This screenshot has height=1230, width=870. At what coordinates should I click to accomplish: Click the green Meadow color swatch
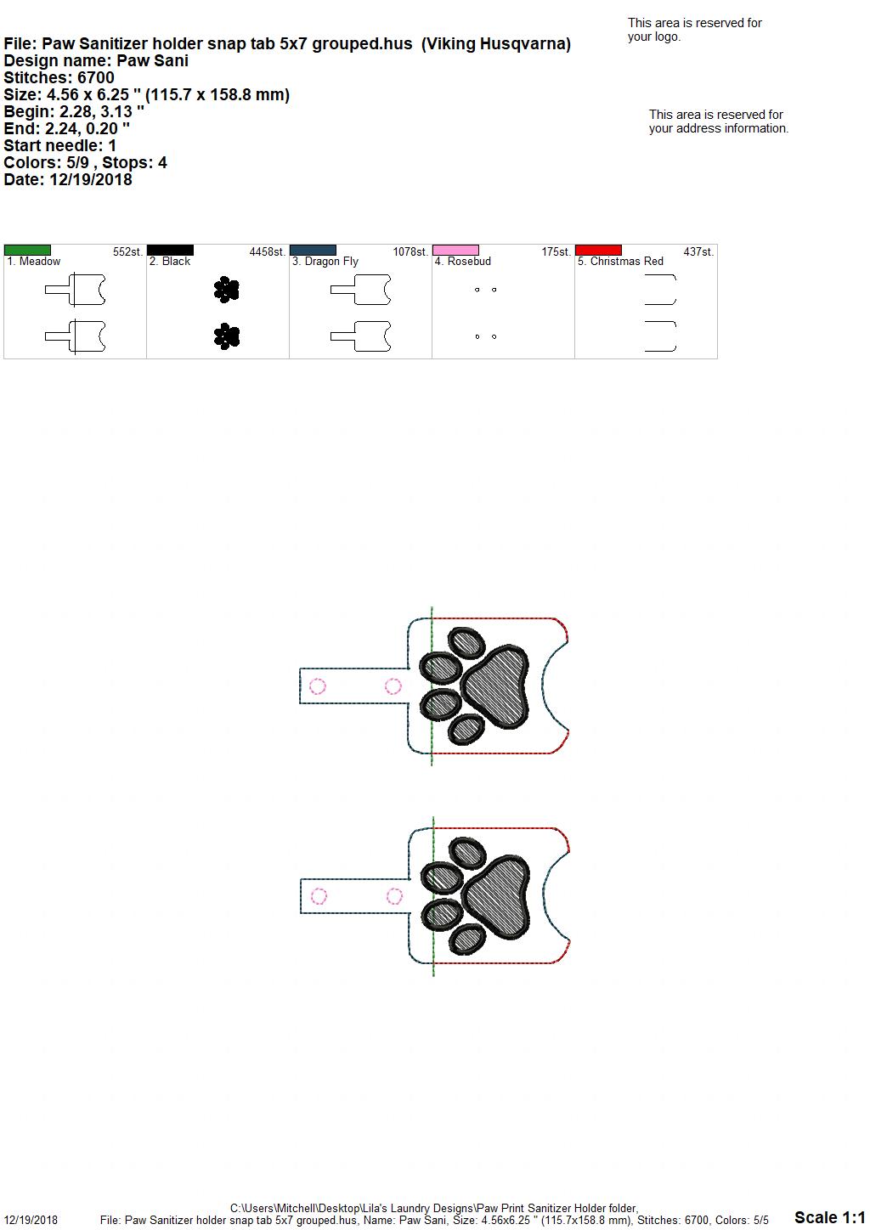tap(27, 250)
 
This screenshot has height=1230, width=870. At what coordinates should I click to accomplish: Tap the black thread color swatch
tap(170, 250)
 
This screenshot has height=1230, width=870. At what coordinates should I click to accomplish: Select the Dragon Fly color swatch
tap(313, 250)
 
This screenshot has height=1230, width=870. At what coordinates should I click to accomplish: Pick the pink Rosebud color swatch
tap(456, 250)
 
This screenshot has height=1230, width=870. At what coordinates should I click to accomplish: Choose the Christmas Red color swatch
tap(599, 250)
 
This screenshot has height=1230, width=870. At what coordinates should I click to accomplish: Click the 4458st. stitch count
tap(268, 252)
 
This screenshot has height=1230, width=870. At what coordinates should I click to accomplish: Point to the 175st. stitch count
tap(556, 252)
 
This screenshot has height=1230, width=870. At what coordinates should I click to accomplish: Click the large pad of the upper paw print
tap(495, 686)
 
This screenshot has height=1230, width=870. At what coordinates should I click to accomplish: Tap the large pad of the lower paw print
tap(497, 897)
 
